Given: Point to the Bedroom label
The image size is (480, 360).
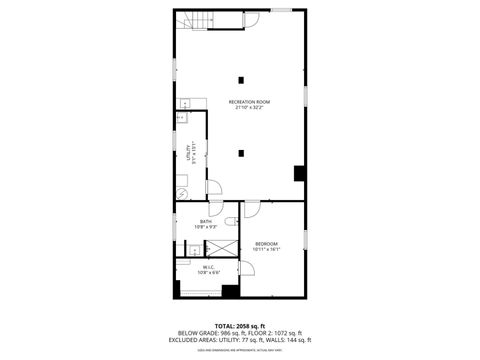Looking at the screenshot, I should point(266,246).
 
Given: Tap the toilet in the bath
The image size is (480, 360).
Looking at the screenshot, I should point(229,221).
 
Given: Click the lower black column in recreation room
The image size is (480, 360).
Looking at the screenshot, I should point(241,153).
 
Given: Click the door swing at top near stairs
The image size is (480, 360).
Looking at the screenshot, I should point(249,19).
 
